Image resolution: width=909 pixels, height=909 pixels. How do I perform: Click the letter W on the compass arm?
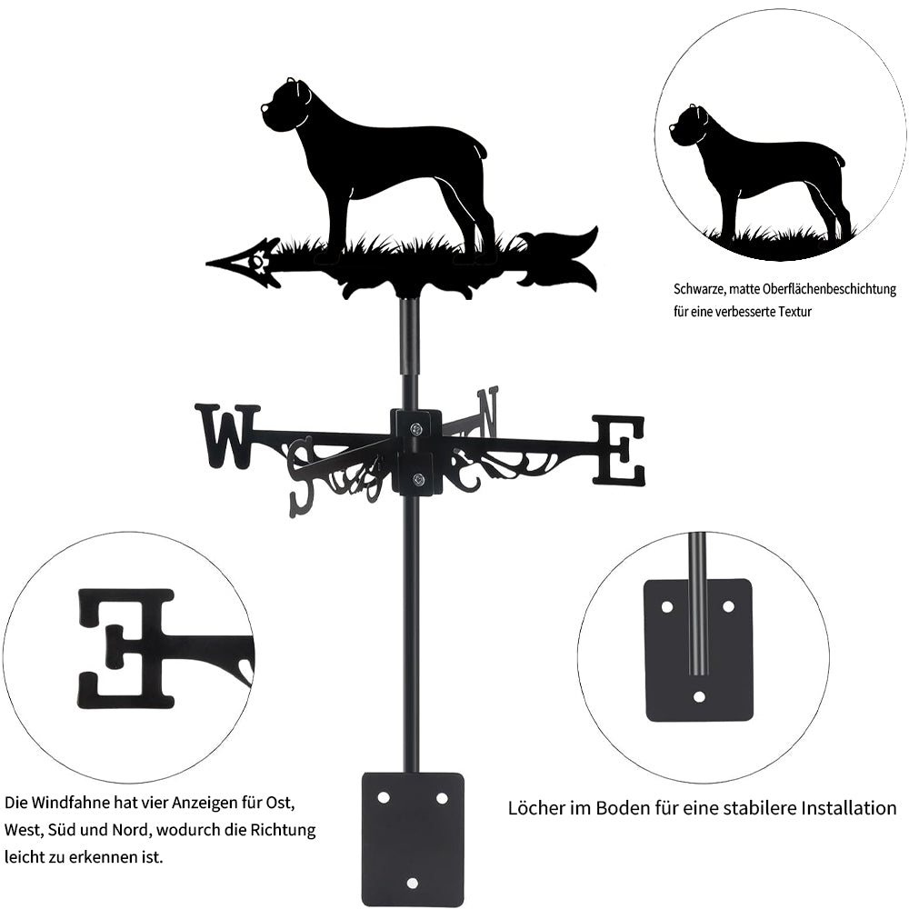point(228,436)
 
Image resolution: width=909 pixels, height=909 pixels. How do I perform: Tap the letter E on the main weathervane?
point(618,451)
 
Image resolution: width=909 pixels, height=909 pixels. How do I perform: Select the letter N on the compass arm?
point(488,412)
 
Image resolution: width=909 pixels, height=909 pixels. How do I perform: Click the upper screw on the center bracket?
point(415,429)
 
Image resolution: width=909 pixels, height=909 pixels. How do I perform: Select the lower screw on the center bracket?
point(417,479)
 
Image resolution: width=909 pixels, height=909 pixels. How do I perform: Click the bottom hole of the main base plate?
point(412,883)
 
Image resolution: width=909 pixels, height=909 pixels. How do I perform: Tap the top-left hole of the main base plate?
point(383,798)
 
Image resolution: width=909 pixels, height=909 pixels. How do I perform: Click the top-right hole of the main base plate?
point(442,798)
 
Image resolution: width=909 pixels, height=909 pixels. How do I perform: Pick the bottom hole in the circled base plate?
point(700,696)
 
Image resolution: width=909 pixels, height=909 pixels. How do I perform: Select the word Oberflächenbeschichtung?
point(830,289)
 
